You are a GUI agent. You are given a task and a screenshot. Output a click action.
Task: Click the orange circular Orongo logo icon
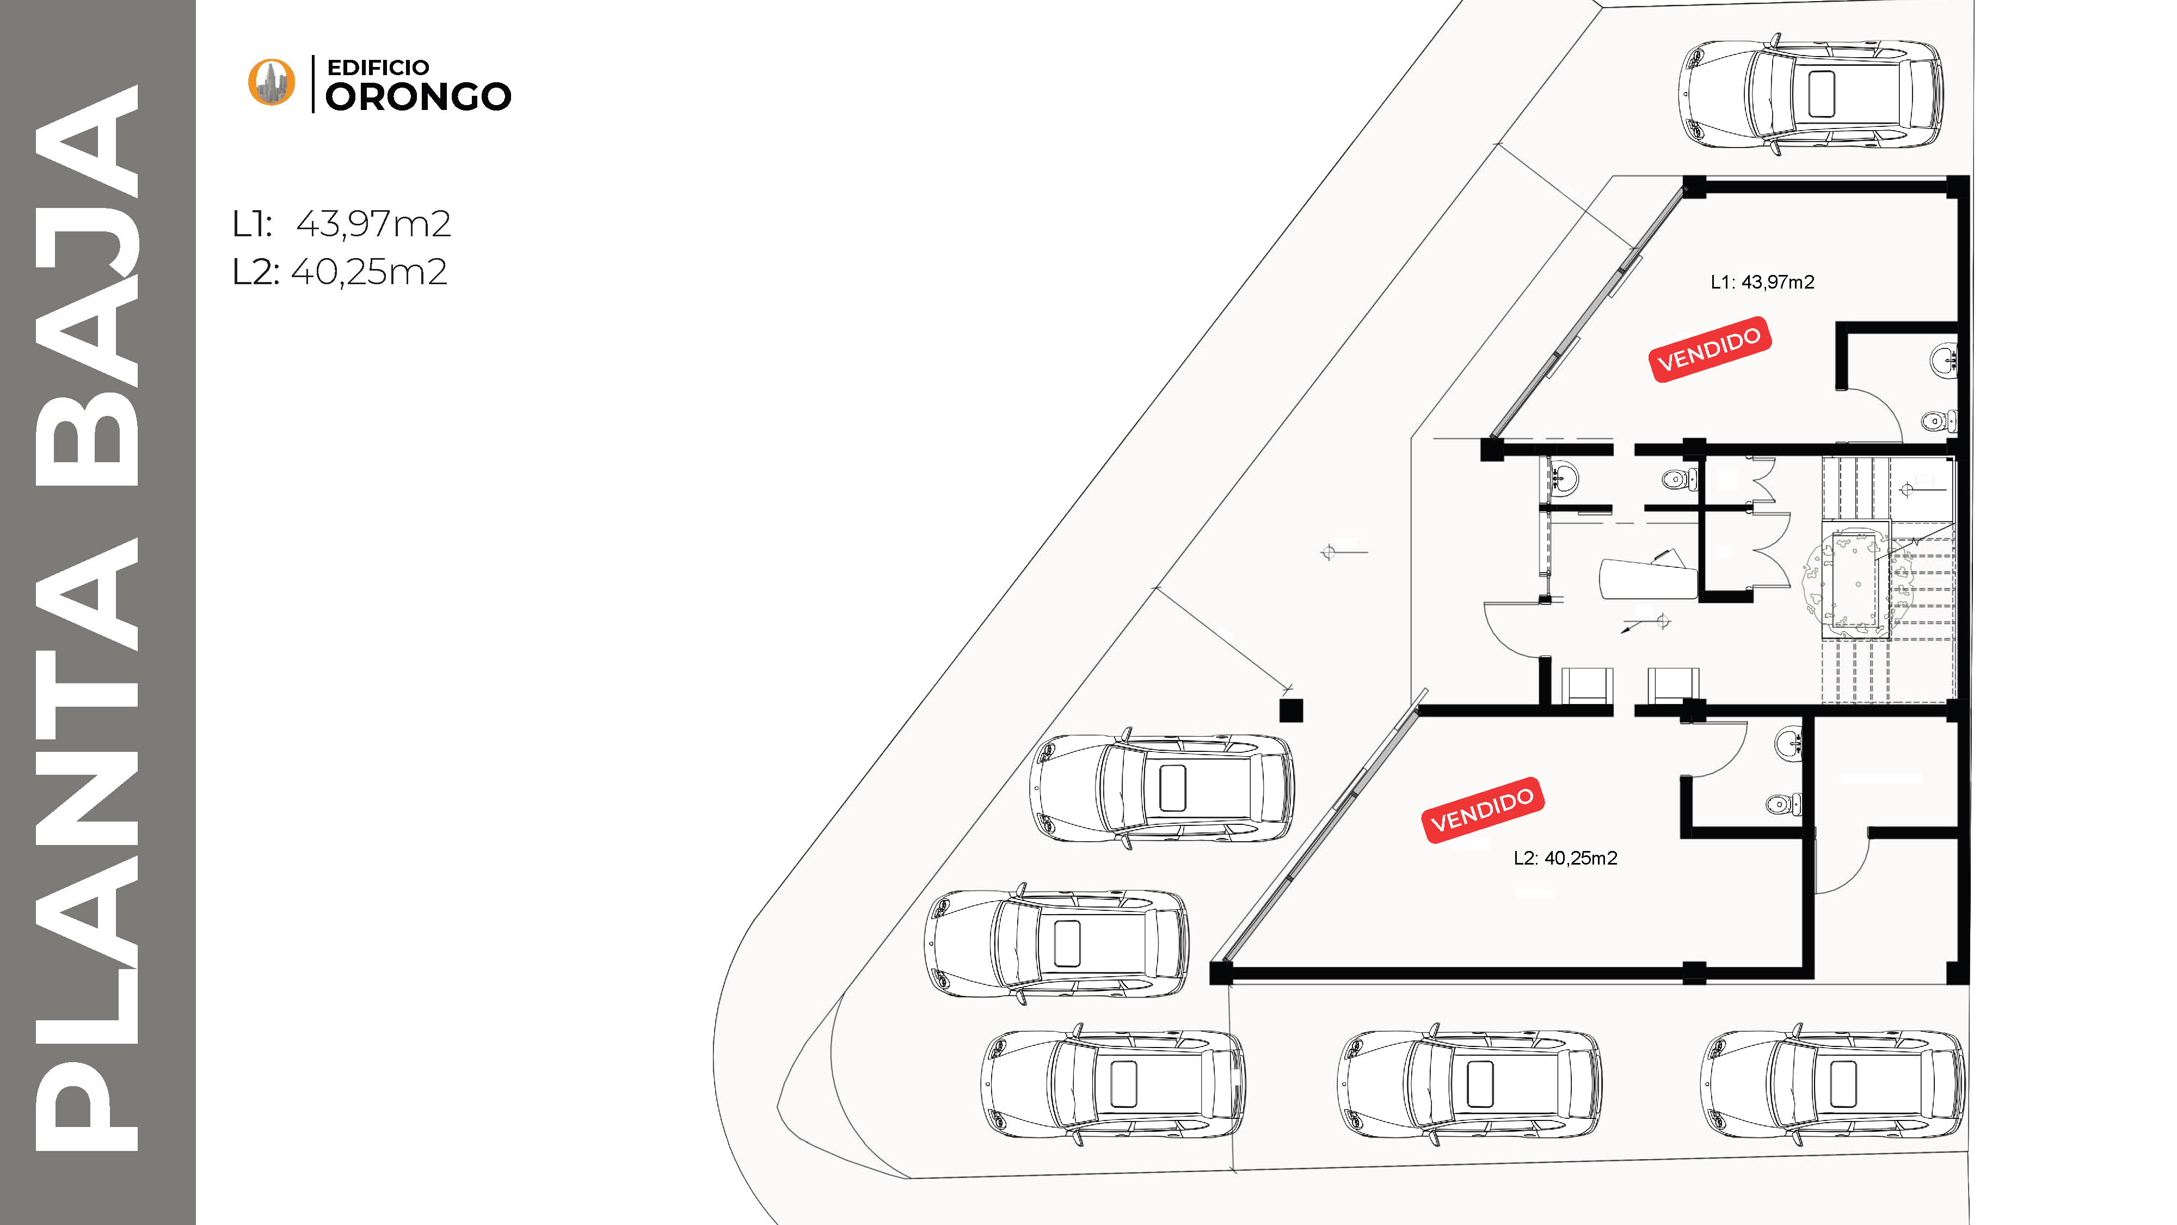click(271, 83)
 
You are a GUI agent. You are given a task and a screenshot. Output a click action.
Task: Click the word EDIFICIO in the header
click(378, 68)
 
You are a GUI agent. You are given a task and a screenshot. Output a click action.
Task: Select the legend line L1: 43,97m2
click(341, 224)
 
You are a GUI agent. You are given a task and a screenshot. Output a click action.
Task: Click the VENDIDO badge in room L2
click(1483, 810)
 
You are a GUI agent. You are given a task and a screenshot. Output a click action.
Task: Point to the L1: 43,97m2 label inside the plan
click(1762, 283)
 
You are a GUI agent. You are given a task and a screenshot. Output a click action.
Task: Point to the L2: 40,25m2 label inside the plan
click(1565, 858)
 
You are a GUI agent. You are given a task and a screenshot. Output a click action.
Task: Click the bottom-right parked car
click(1832, 1085)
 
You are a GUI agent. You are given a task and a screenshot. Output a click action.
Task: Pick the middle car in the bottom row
click(1469, 1085)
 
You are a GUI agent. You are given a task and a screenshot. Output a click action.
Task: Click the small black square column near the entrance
click(1290, 710)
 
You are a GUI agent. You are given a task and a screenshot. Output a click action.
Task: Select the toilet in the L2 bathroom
click(1783, 803)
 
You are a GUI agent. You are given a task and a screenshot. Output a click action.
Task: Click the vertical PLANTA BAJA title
click(87, 617)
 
